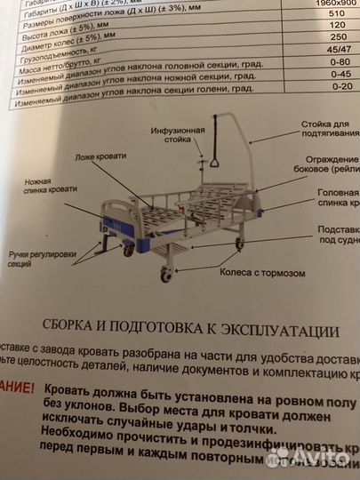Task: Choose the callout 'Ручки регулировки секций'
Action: pos(38,259)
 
